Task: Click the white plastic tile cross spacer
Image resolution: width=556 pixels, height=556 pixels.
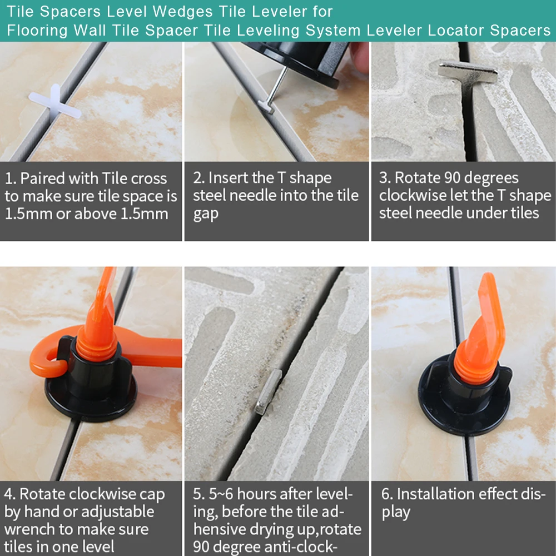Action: click(54, 103)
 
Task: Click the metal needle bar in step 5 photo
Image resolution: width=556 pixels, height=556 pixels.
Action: click(269, 391)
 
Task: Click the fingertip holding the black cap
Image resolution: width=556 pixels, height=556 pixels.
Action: click(360, 57)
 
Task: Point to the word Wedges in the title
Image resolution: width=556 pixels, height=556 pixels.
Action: click(182, 12)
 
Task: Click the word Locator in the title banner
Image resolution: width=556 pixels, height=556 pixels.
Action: click(456, 31)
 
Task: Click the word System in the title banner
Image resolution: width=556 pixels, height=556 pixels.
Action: click(333, 31)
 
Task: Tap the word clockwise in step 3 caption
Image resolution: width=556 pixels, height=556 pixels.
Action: click(411, 195)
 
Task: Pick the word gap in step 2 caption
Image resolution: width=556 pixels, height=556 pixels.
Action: click(206, 215)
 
